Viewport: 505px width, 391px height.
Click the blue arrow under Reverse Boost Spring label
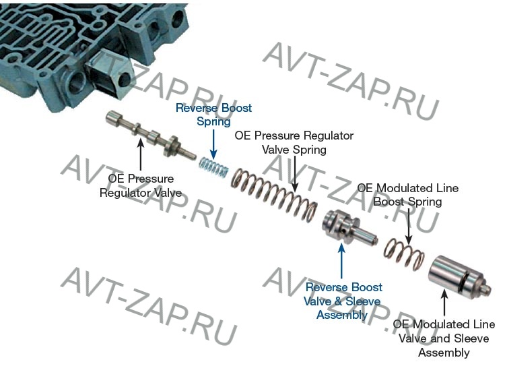(213, 142)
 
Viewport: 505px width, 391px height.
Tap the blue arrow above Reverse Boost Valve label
(342, 263)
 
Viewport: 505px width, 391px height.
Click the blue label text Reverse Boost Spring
(213, 115)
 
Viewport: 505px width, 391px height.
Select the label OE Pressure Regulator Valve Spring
(294, 142)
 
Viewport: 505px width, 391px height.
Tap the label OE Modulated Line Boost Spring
(407, 195)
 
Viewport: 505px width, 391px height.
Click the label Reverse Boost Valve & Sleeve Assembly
(343, 301)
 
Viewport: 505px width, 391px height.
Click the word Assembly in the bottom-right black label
(444, 353)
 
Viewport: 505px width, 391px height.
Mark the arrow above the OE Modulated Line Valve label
(444, 300)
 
